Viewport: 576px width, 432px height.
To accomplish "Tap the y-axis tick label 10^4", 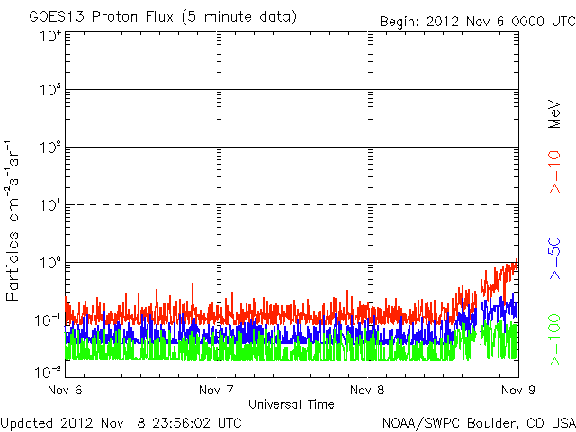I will point(50,36).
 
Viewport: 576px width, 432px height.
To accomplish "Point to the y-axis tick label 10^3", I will point(50,91).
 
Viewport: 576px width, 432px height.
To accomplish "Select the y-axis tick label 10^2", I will point(50,148).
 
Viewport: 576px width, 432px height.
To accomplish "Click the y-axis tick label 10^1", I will point(50,205).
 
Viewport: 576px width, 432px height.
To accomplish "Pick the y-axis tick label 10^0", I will point(50,263).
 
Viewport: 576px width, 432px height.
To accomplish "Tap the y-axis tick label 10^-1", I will point(49,320).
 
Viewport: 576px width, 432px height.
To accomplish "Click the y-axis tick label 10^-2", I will point(49,371).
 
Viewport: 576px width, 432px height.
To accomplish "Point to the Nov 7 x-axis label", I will point(216,391).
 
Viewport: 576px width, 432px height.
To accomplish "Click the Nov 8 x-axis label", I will point(367,391).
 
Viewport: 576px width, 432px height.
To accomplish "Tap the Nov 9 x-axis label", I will point(516,391).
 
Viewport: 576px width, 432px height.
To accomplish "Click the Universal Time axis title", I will point(290,404).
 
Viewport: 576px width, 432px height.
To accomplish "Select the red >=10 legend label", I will point(555,172).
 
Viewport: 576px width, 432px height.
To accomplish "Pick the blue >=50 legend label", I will point(555,256).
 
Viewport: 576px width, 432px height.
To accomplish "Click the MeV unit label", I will point(555,116).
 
